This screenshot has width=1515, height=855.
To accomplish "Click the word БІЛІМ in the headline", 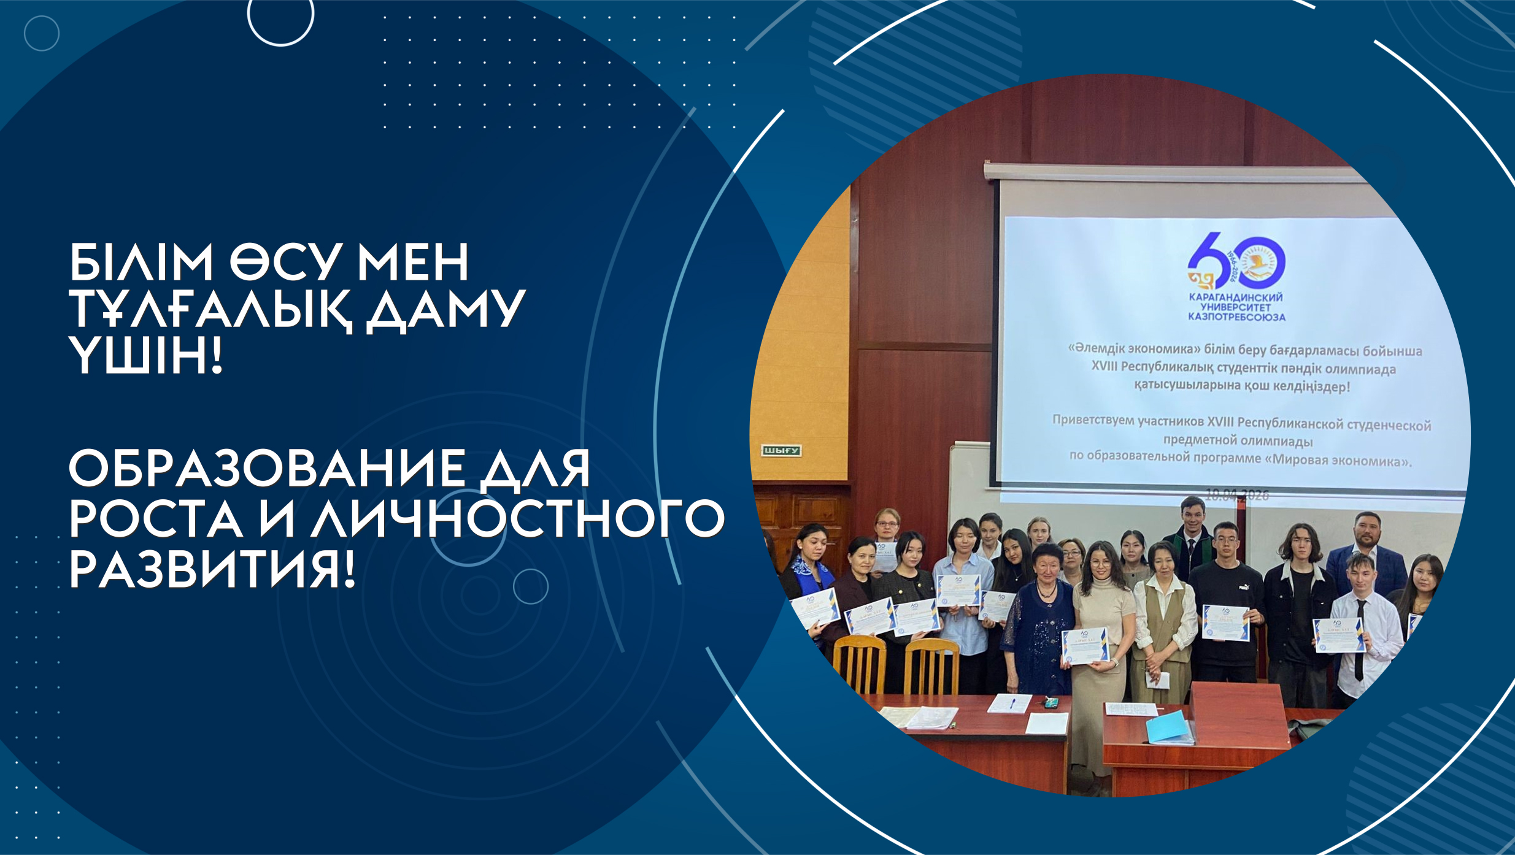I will click(141, 263).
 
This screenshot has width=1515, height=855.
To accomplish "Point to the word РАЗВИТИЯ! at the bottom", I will click(212, 570).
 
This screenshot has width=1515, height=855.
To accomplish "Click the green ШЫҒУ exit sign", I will click(781, 451).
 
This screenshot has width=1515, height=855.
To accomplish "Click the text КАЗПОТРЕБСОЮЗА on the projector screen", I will click(1236, 317).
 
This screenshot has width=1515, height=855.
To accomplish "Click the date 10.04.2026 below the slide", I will click(1237, 495).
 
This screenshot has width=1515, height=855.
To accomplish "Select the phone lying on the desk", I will click(1052, 702).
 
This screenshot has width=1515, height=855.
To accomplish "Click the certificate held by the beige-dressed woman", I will click(1085, 646).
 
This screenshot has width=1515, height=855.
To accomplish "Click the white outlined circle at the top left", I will click(280, 15).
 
